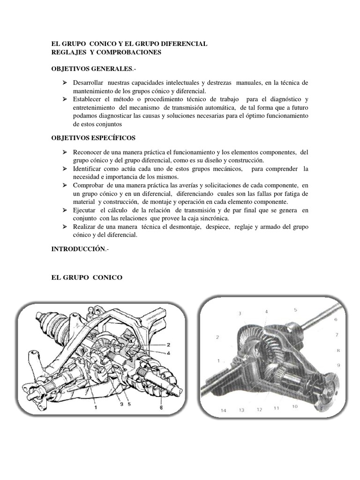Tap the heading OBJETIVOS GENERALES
point(92,68)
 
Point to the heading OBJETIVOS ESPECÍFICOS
point(93,138)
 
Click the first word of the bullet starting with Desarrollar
point(88,82)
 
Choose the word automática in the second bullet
point(262,108)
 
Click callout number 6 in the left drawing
point(161,408)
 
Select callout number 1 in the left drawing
point(96,407)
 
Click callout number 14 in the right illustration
point(223,411)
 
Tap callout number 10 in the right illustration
point(294,406)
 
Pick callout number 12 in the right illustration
point(259,409)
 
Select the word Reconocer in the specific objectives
point(89,152)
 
